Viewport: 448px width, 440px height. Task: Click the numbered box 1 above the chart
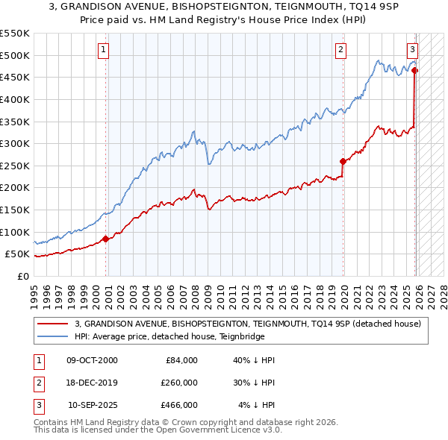(x=103, y=50)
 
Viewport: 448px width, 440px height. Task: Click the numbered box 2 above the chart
(x=340, y=50)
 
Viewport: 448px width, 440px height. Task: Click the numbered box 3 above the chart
(x=411, y=50)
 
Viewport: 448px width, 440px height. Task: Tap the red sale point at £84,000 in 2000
(x=105, y=239)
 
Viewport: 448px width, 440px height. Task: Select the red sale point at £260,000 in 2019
(x=343, y=161)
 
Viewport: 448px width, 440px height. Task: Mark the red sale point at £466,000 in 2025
(x=414, y=71)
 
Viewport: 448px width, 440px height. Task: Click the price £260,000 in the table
(x=179, y=383)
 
